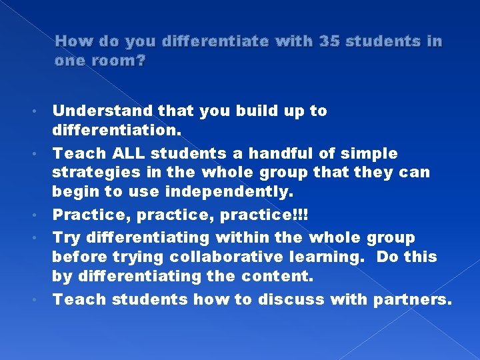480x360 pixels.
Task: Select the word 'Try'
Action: [64, 237]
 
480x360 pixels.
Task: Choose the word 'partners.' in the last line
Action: [412, 299]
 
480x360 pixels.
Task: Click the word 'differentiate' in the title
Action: [207, 41]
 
